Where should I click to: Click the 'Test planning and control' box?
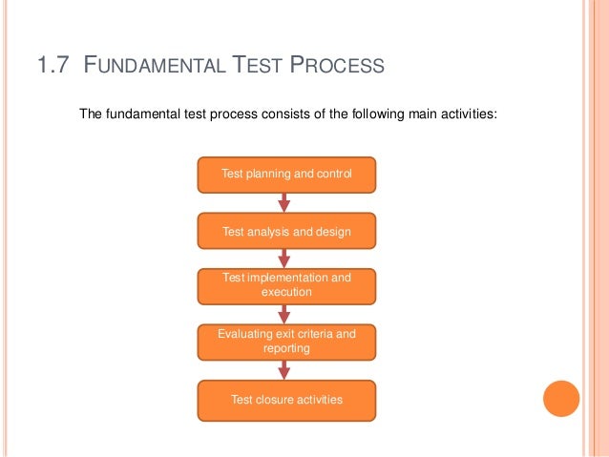coord(286,174)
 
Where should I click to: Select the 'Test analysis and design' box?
coord(286,231)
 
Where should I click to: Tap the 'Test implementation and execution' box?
coord(286,285)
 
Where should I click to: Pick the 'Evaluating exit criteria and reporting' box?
coord(286,342)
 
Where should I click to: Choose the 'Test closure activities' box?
coord(286,400)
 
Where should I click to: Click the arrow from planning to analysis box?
coord(284,202)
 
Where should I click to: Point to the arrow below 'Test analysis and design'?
coord(284,259)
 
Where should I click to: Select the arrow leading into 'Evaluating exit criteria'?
coord(284,314)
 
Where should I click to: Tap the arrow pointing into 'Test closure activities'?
coord(284,370)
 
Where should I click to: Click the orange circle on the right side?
coord(561,399)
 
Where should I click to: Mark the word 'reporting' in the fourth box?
coord(286,349)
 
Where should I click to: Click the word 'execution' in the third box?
coord(286,293)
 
